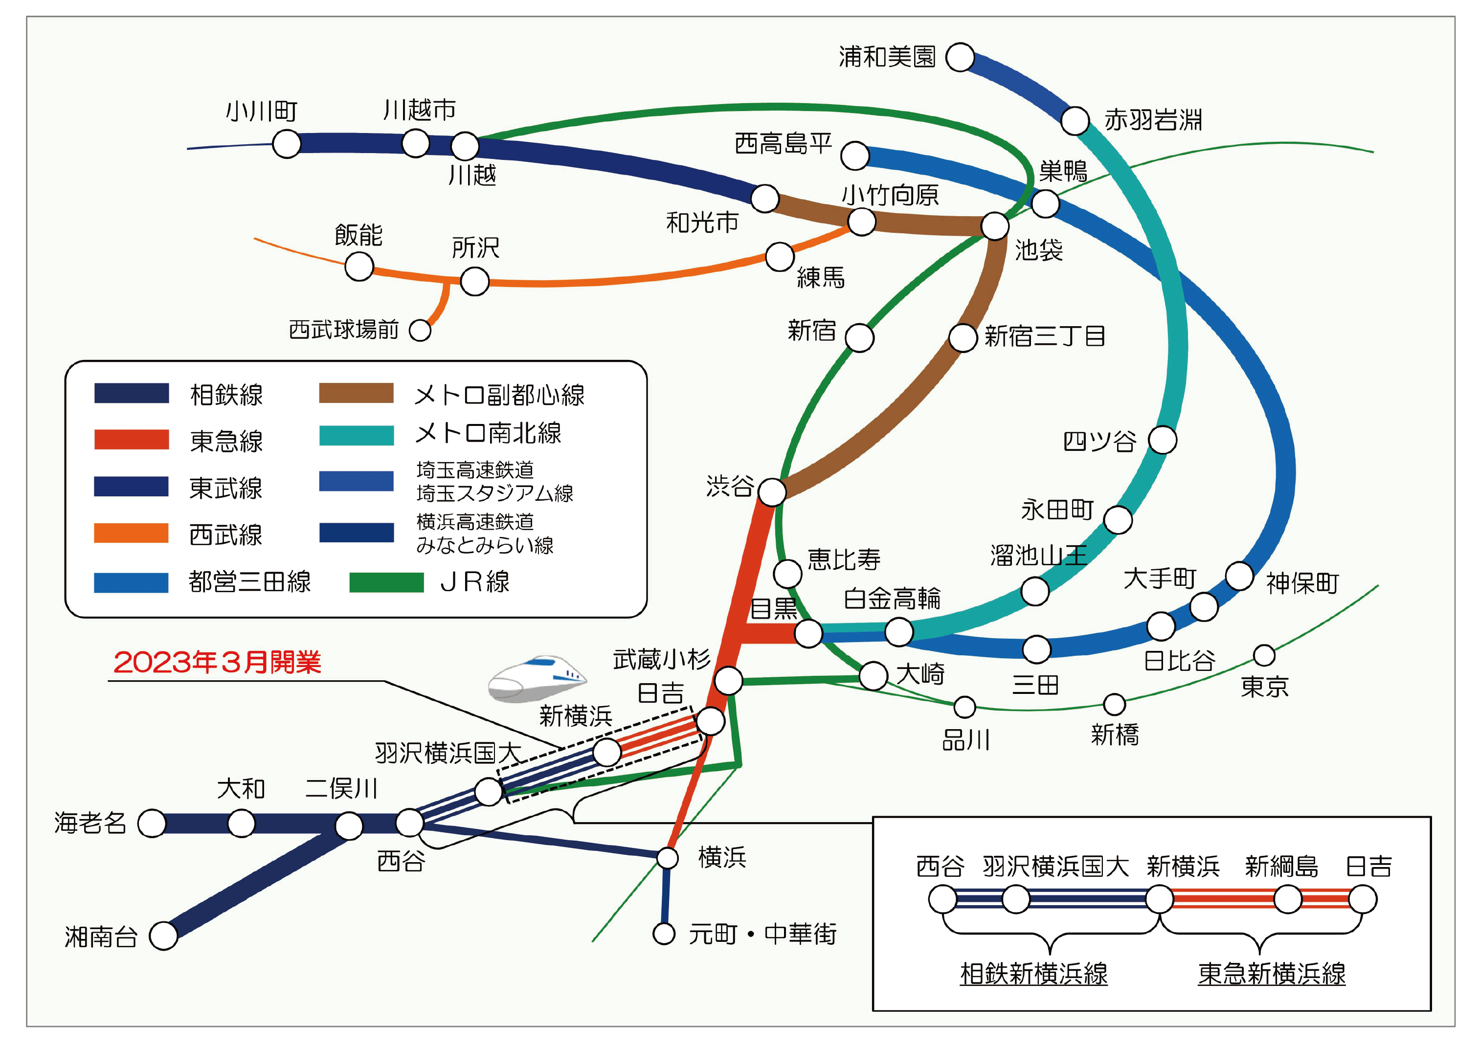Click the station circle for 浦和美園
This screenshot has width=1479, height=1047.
click(960, 57)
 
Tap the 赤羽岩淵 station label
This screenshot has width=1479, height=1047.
click(1153, 120)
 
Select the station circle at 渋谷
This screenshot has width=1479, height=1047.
click(772, 492)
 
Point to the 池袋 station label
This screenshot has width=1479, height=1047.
click(1039, 250)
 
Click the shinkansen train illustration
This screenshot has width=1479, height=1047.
click(537, 678)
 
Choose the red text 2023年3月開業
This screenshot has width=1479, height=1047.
click(217, 662)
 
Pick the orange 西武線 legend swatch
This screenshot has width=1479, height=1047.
click(131, 533)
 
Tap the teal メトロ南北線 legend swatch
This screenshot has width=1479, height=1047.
click(357, 435)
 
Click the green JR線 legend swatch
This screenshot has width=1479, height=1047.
click(386, 582)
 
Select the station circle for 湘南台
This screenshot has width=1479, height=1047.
click(164, 936)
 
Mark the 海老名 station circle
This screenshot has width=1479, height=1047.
click(152, 824)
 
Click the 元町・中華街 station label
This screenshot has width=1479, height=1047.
click(762, 934)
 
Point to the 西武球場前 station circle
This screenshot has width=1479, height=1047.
click(420, 330)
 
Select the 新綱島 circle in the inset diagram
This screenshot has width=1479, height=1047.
click(1287, 899)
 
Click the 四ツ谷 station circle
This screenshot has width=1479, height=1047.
click(1163, 440)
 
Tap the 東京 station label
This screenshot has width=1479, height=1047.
click(1264, 687)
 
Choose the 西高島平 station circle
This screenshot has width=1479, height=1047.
click(855, 156)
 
